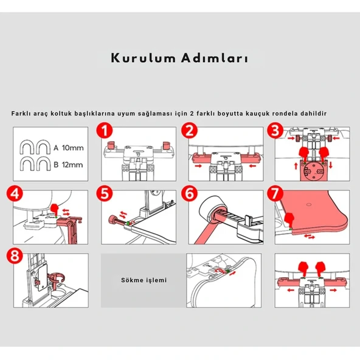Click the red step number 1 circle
tap(106, 131)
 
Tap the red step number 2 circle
tap(190, 131)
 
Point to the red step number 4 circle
tap(18, 195)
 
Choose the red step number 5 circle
tap(106, 195)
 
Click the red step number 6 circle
tap(190, 195)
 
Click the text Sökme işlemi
tap(144, 280)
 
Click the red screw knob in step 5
tap(113, 219)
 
